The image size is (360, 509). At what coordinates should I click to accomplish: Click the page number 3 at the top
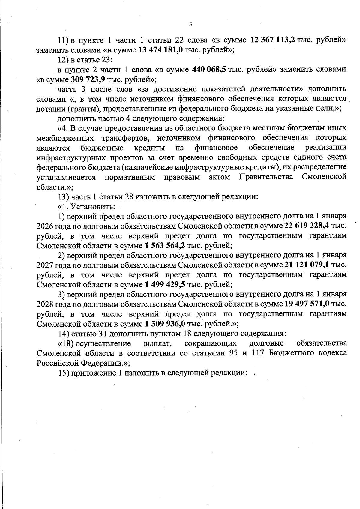pos(190,25)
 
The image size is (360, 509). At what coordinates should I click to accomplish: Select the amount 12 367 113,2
pos(272,40)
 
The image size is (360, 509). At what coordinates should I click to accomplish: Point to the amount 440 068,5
pos(209,70)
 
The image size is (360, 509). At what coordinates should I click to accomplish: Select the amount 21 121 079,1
pos(306,265)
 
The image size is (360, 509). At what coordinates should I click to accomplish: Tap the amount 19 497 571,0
pos(307,304)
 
